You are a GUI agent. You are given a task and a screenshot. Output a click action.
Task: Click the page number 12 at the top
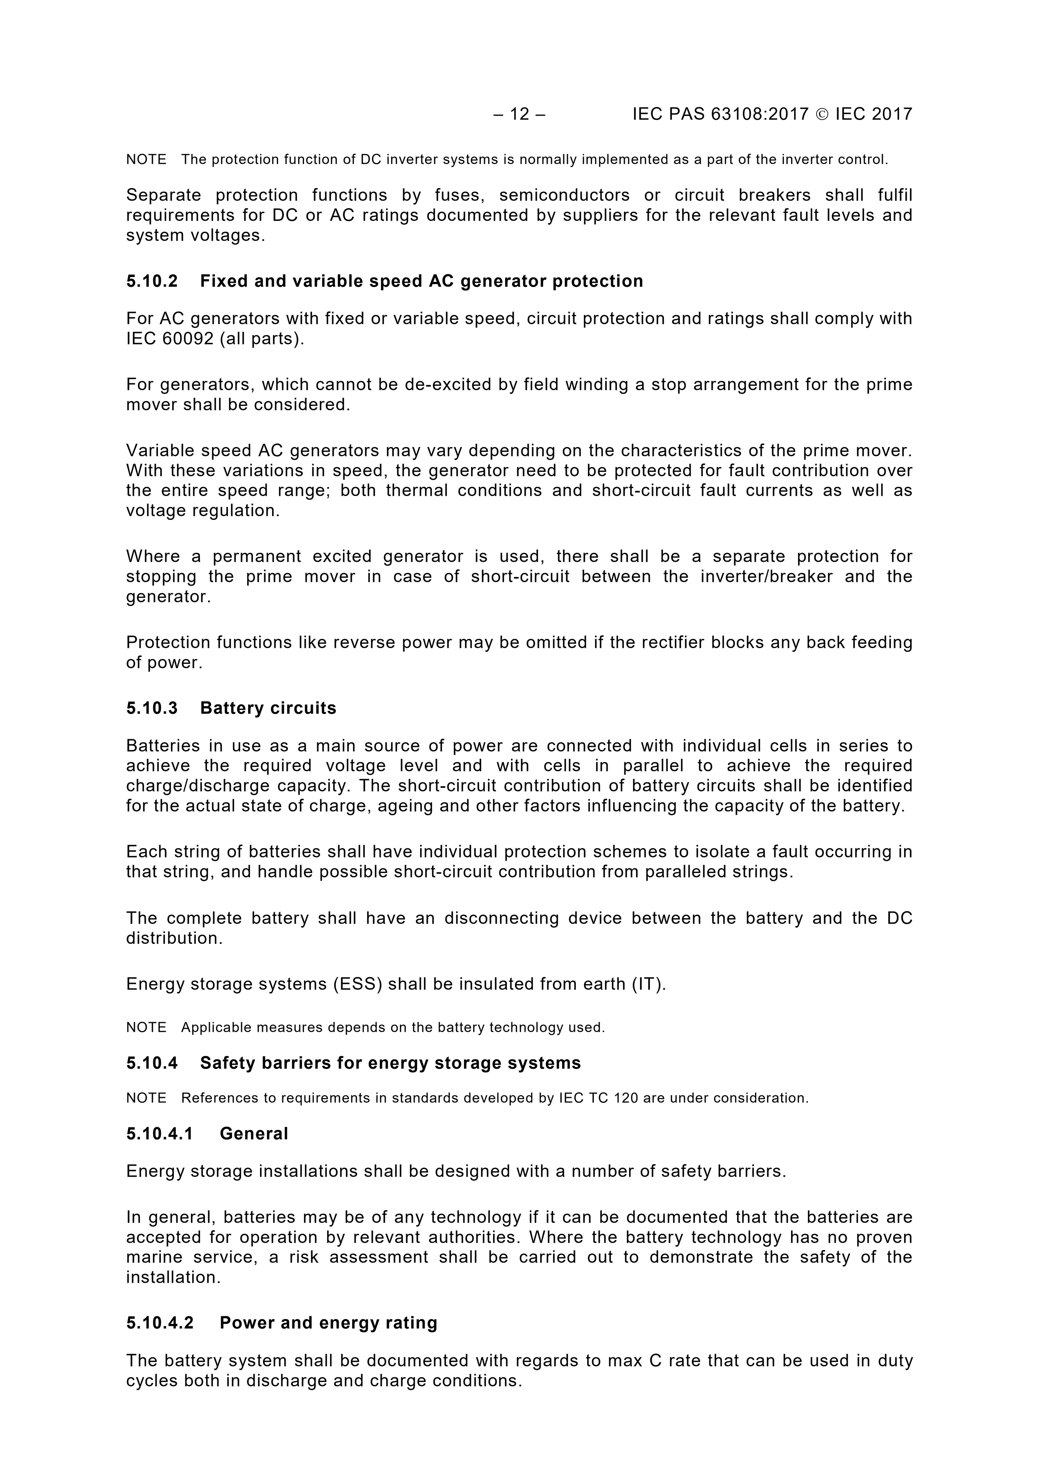click(x=519, y=114)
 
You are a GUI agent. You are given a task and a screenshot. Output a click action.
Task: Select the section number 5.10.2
click(x=152, y=281)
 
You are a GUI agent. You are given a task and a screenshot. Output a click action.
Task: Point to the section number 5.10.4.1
click(x=160, y=1134)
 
